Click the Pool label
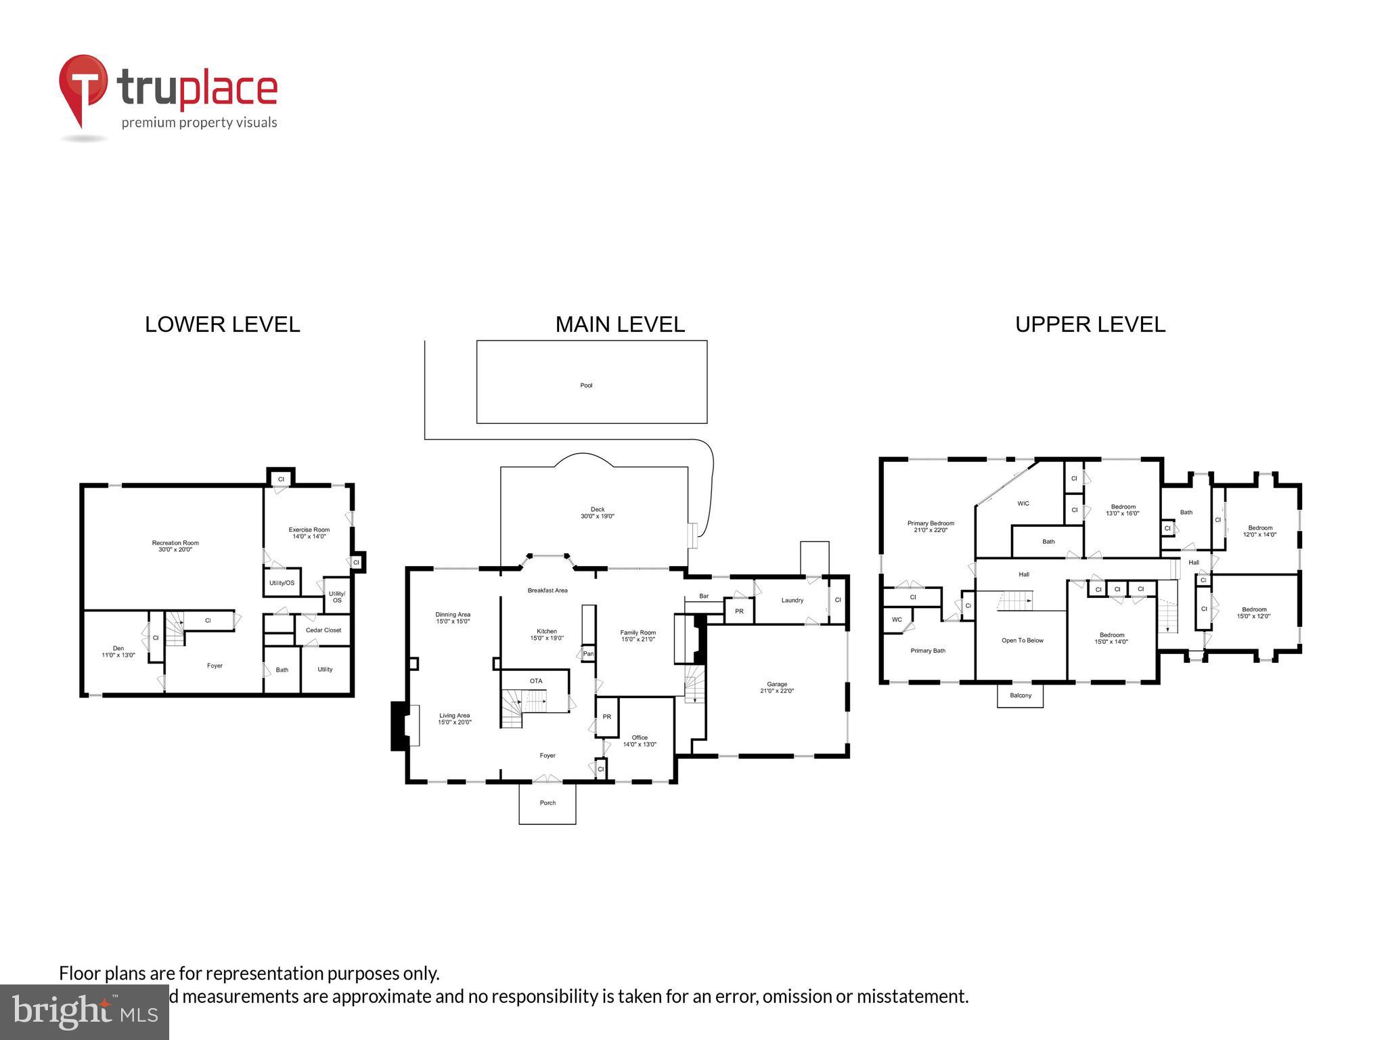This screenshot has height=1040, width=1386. (x=586, y=385)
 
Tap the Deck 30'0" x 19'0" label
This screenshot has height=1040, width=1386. (x=597, y=513)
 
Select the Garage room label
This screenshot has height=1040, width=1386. (x=776, y=687)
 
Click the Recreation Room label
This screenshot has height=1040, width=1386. (x=175, y=546)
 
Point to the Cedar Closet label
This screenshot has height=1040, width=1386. (x=323, y=630)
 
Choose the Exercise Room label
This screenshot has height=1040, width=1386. (x=309, y=533)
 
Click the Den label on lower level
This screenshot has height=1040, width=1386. (x=118, y=651)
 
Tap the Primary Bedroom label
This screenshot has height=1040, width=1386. (x=931, y=526)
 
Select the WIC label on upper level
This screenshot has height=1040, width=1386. (x=1023, y=503)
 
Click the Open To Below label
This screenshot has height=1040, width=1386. (x=1022, y=640)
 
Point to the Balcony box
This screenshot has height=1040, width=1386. (x=1020, y=695)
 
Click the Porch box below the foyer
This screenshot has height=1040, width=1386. (x=547, y=803)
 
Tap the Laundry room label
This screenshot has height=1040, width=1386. (x=792, y=600)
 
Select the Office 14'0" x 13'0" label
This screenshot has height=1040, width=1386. (x=640, y=741)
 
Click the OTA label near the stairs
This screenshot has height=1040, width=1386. (x=535, y=680)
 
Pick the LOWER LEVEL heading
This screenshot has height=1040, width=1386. (x=222, y=324)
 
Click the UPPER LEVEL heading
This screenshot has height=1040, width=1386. (x=1090, y=324)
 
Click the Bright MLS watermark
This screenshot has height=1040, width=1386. (x=84, y=1012)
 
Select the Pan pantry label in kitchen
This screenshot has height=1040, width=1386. (x=588, y=653)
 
